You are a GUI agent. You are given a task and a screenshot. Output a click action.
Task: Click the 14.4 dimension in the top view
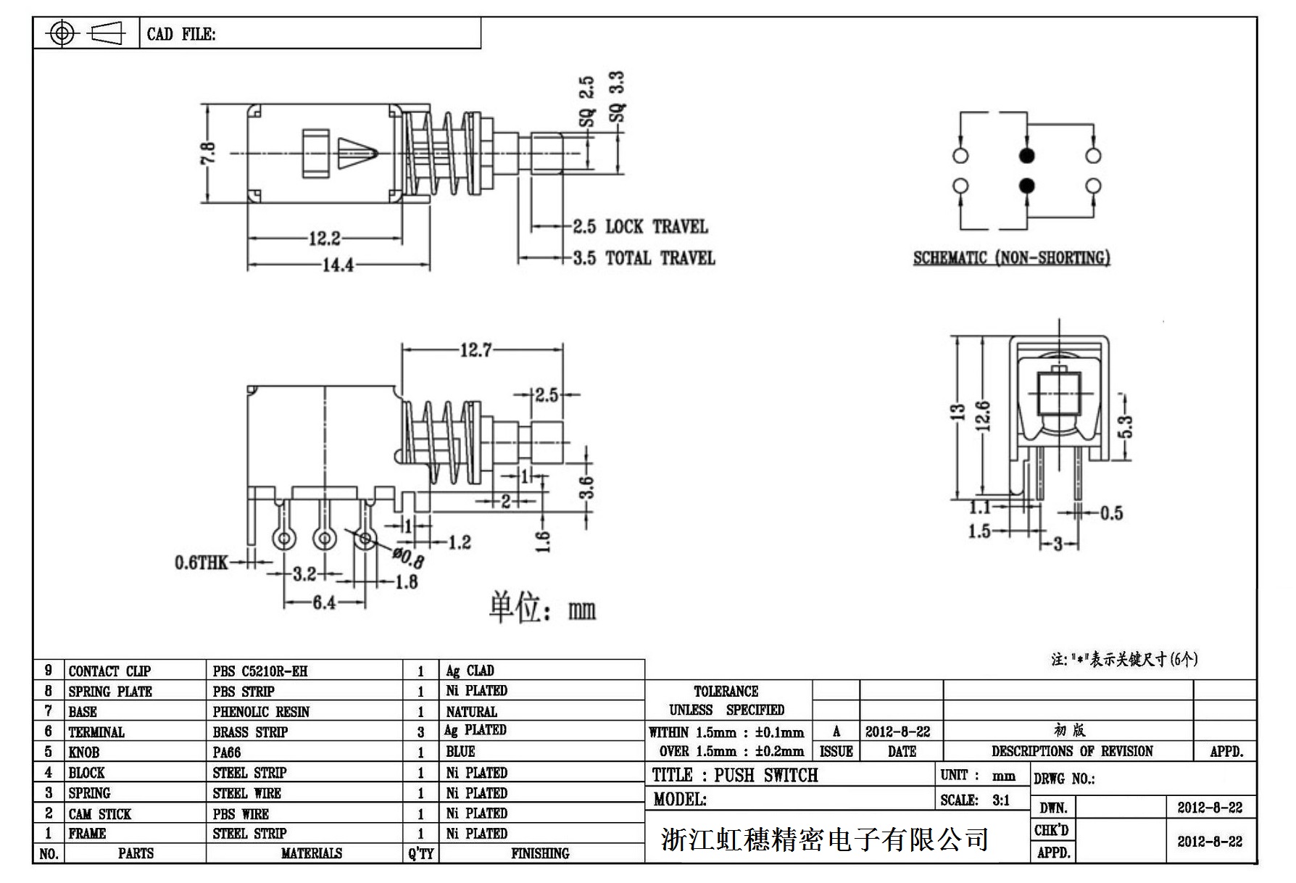click(338, 265)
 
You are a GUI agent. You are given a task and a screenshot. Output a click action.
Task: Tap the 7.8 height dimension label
click(208, 153)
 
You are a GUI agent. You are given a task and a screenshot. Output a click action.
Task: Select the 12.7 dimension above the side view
click(475, 351)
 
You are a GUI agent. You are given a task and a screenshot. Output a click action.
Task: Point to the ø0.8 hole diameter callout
click(409, 557)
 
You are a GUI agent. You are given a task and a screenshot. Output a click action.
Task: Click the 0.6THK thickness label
click(201, 563)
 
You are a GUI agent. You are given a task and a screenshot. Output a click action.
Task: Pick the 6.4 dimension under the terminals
click(323, 602)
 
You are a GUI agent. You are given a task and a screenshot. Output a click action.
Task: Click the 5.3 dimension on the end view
click(1125, 426)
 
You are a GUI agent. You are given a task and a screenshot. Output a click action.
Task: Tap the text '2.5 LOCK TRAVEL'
click(640, 227)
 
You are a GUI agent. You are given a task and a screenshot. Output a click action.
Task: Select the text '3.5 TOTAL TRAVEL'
click(644, 258)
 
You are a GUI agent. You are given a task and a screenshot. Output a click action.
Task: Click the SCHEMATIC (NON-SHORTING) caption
click(1011, 257)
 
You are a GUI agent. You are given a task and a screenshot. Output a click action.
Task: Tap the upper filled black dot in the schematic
click(1026, 155)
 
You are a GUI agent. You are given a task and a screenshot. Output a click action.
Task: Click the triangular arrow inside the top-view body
click(357, 153)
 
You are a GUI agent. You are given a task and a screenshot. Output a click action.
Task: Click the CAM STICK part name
click(100, 813)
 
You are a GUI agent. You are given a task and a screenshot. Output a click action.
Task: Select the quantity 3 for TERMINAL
click(420, 732)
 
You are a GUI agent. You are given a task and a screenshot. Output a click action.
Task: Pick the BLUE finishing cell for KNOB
click(460, 752)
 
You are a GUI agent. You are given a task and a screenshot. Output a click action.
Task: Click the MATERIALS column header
click(311, 853)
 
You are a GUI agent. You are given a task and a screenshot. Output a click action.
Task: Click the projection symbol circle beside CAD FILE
click(62, 33)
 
